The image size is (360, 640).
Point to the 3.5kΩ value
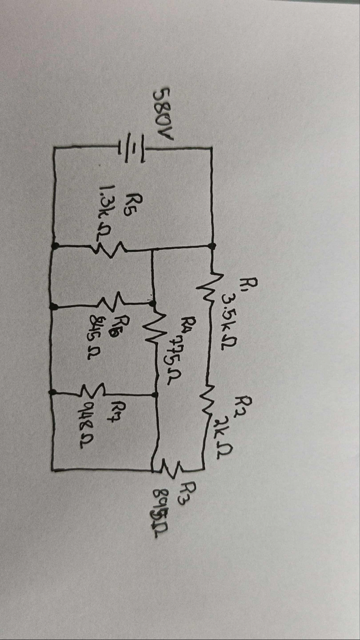click(x=230, y=313)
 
